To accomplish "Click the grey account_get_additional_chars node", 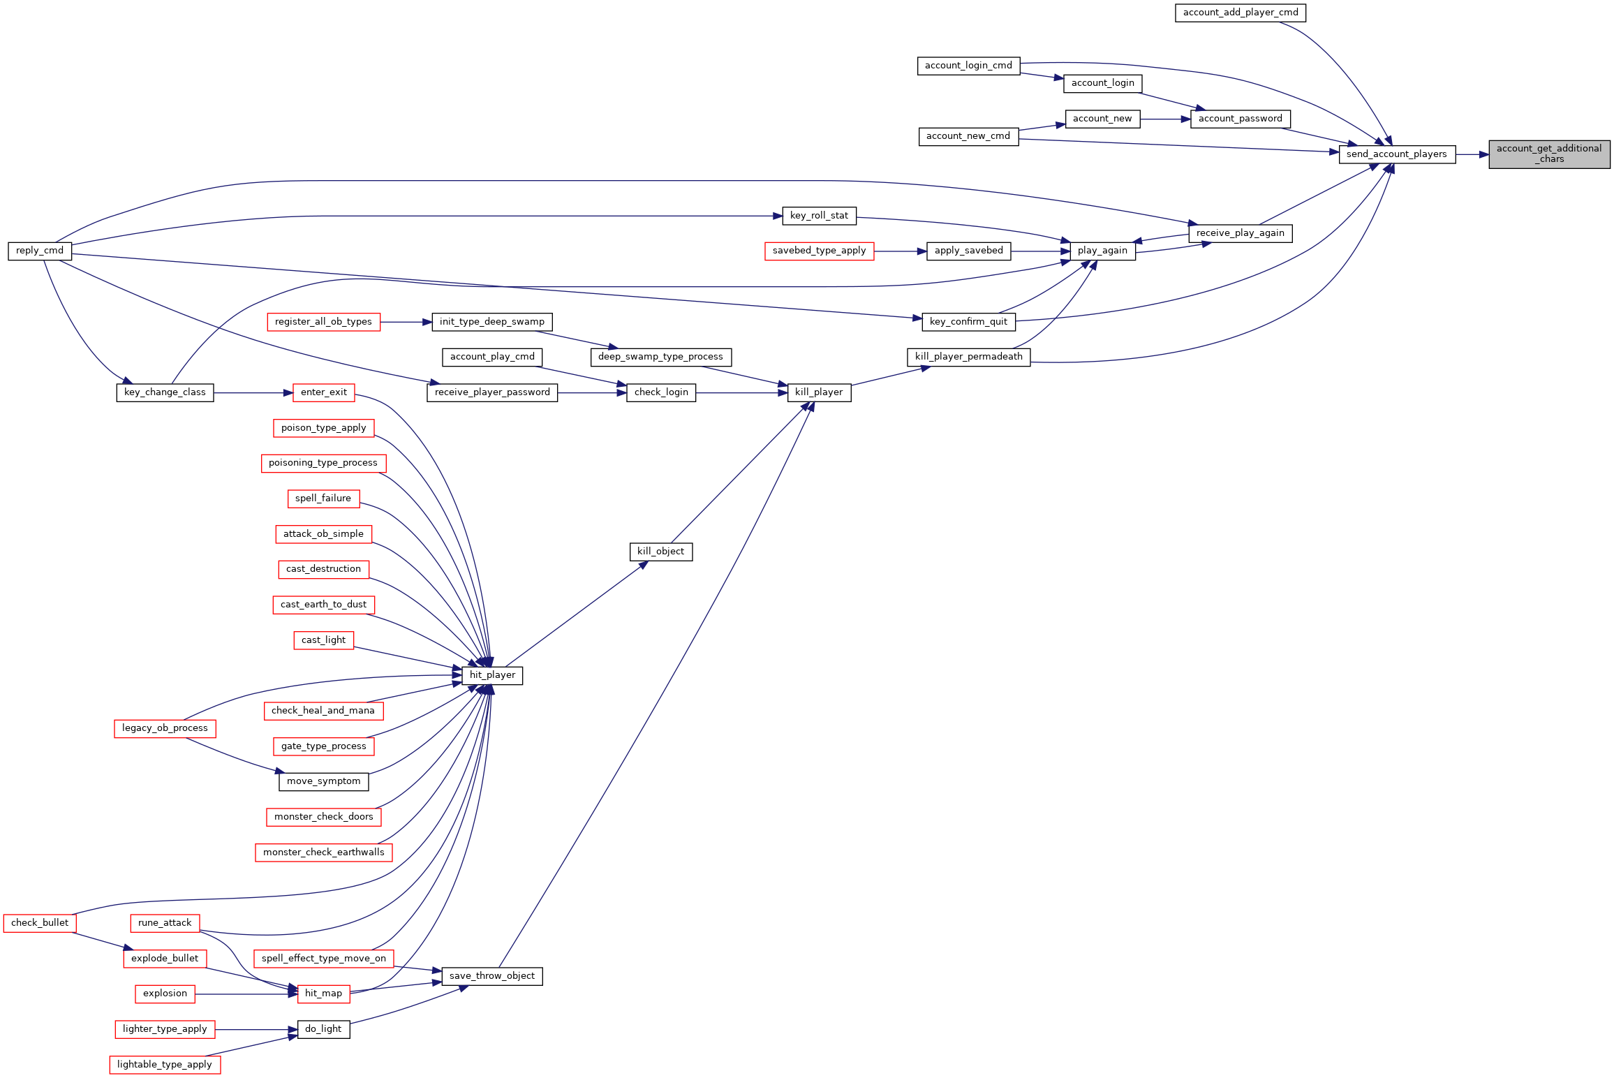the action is coord(1549,154).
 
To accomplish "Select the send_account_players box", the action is coord(1397,154).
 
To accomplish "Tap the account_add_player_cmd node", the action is coord(1241,13).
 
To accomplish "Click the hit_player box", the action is coord(492,675).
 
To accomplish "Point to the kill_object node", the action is coord(660,552).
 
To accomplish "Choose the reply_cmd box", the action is coord(40,251).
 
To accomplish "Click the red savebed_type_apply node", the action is coord(819,251).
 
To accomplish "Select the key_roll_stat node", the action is coord(819,216).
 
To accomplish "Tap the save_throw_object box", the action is coord(492,976).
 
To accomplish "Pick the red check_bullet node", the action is coord(40,923).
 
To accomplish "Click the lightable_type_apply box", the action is coord(165,1065).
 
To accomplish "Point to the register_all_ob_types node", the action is coord(323,322).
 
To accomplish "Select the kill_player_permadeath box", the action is coord(968,357).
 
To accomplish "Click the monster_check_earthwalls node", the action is coord(324,852).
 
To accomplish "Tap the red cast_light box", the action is coord(324,640).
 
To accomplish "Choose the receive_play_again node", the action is coord(1241,233).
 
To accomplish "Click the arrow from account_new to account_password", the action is coord(1165,119).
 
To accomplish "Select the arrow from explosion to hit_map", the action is coord(246,994).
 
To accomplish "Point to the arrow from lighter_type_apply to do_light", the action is coord(257,1030).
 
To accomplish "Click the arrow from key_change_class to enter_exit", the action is coord(253,393).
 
